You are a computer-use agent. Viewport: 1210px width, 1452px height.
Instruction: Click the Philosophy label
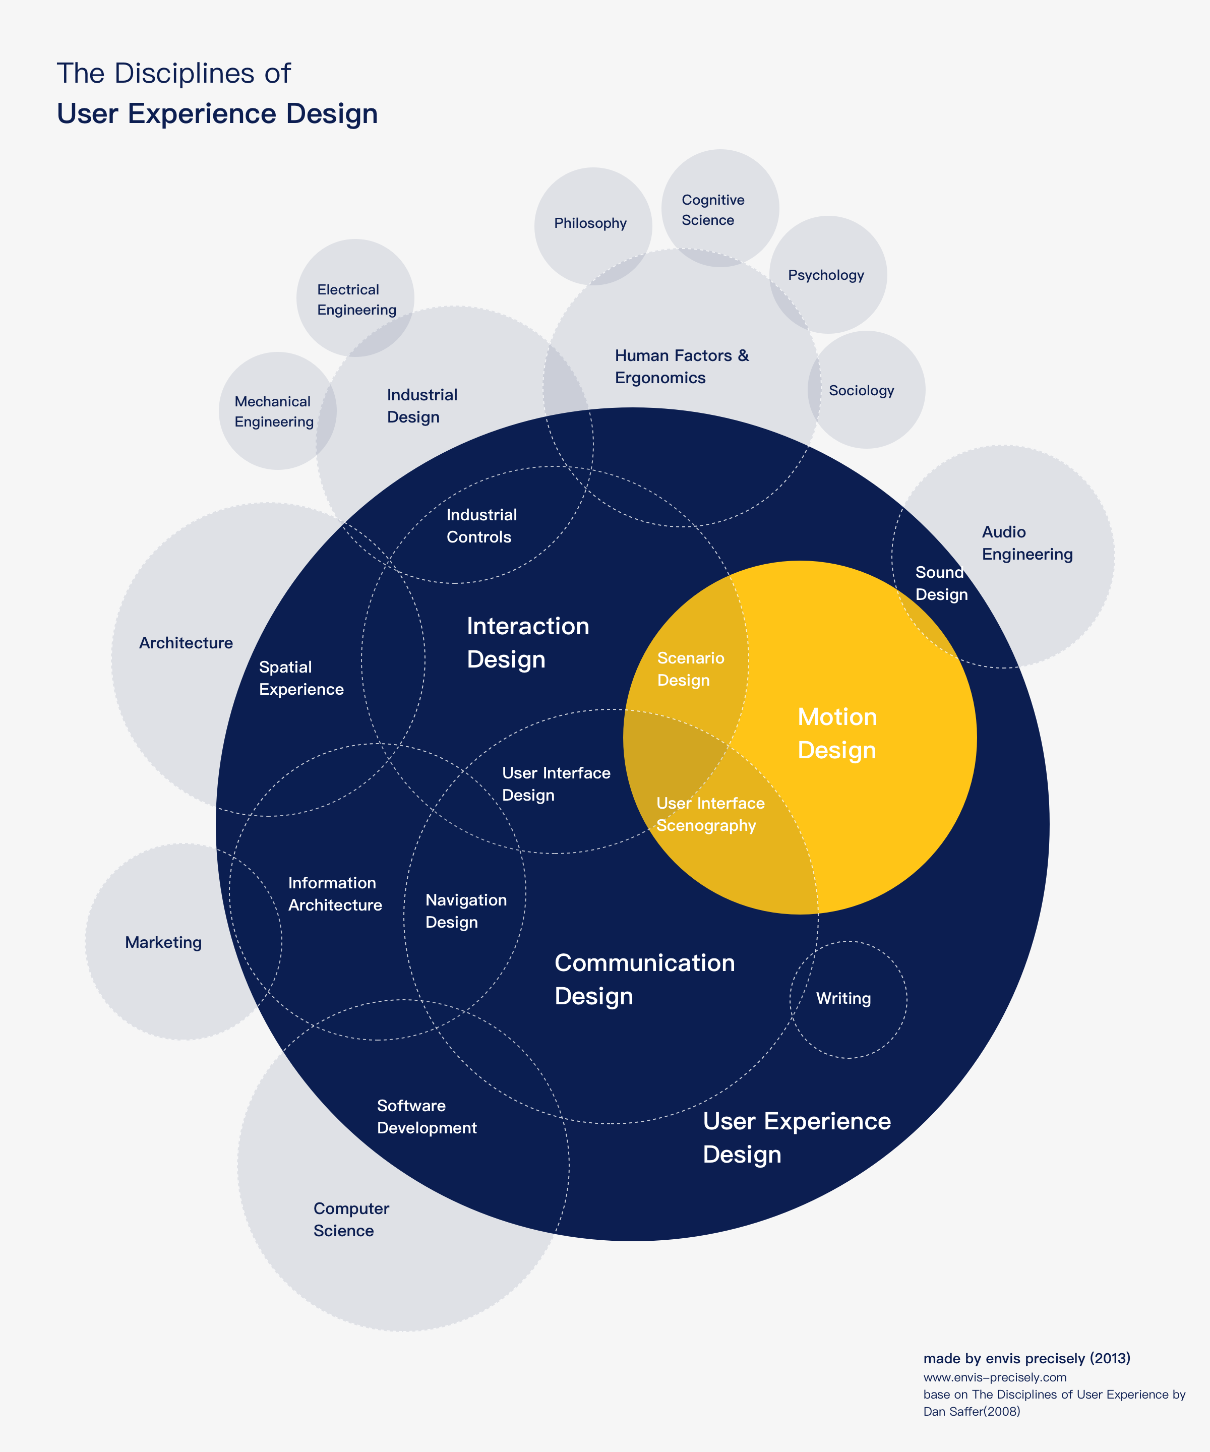click(590, 223)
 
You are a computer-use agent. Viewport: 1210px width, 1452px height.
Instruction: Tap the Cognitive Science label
click(713, 210)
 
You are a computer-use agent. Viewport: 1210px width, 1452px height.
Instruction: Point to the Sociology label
click(862, 391)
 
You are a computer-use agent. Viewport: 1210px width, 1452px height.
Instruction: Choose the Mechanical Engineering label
click(274, 411)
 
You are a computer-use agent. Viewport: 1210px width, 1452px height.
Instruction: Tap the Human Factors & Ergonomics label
click(682, 367)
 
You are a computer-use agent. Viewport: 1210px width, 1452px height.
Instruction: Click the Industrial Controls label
click(481, 526)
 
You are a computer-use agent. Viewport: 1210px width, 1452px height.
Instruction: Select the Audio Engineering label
click(1027, 543)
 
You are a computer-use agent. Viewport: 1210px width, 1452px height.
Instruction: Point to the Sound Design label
click(941, 583)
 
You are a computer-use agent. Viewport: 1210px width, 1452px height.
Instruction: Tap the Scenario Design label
click(690, 669)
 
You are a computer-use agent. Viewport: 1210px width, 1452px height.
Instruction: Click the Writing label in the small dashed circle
click(843, 998)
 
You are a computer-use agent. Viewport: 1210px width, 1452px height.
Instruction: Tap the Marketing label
click(163, 942)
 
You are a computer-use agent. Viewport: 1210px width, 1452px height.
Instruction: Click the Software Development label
click(427, 1117)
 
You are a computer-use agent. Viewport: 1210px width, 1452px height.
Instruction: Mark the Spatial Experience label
click(301, 678)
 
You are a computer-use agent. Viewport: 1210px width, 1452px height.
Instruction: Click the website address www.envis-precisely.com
click(994, 1377)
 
